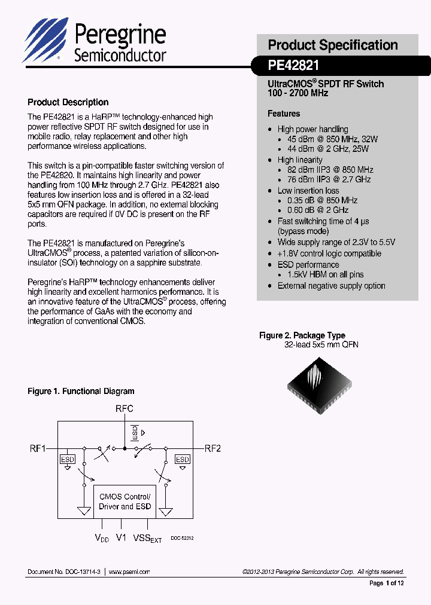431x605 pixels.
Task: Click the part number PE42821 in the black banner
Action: pos(293,65)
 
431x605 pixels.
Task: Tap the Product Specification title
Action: pos(332,45)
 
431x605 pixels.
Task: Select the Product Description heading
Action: pos(68,102)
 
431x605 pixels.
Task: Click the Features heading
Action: pos(284,114)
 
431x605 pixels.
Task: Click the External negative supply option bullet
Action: pos(331,286)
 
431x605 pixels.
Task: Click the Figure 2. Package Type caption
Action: pos(302,335)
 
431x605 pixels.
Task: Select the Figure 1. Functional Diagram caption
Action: pos(81,392)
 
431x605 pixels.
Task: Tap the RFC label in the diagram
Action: pos(125,409)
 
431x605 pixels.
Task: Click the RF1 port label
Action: pos(38,448)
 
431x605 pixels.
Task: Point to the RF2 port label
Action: pos(213,448)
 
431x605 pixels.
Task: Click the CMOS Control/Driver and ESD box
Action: pos(125,502)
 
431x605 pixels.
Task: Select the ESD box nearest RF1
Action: pos(67,459)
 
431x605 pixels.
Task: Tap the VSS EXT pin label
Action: pos(147,539)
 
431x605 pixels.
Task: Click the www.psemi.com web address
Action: pos(129,572)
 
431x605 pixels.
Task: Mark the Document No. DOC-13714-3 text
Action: pos(64,572)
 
